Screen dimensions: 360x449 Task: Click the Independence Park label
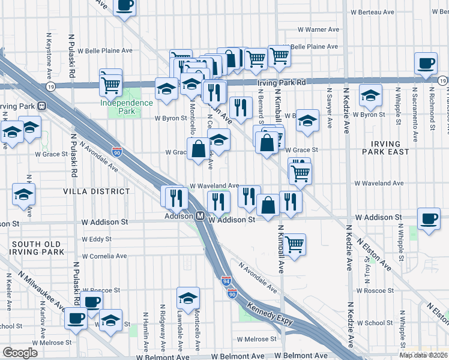click(127, 107)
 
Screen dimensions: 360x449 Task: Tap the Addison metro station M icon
click(200, 215)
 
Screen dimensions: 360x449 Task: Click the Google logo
click(20, 353)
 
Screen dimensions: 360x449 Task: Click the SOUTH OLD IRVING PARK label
click(37, 248)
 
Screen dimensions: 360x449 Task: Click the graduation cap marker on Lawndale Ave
click(188, 298)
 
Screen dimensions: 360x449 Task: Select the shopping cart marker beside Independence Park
click(111, 85)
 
